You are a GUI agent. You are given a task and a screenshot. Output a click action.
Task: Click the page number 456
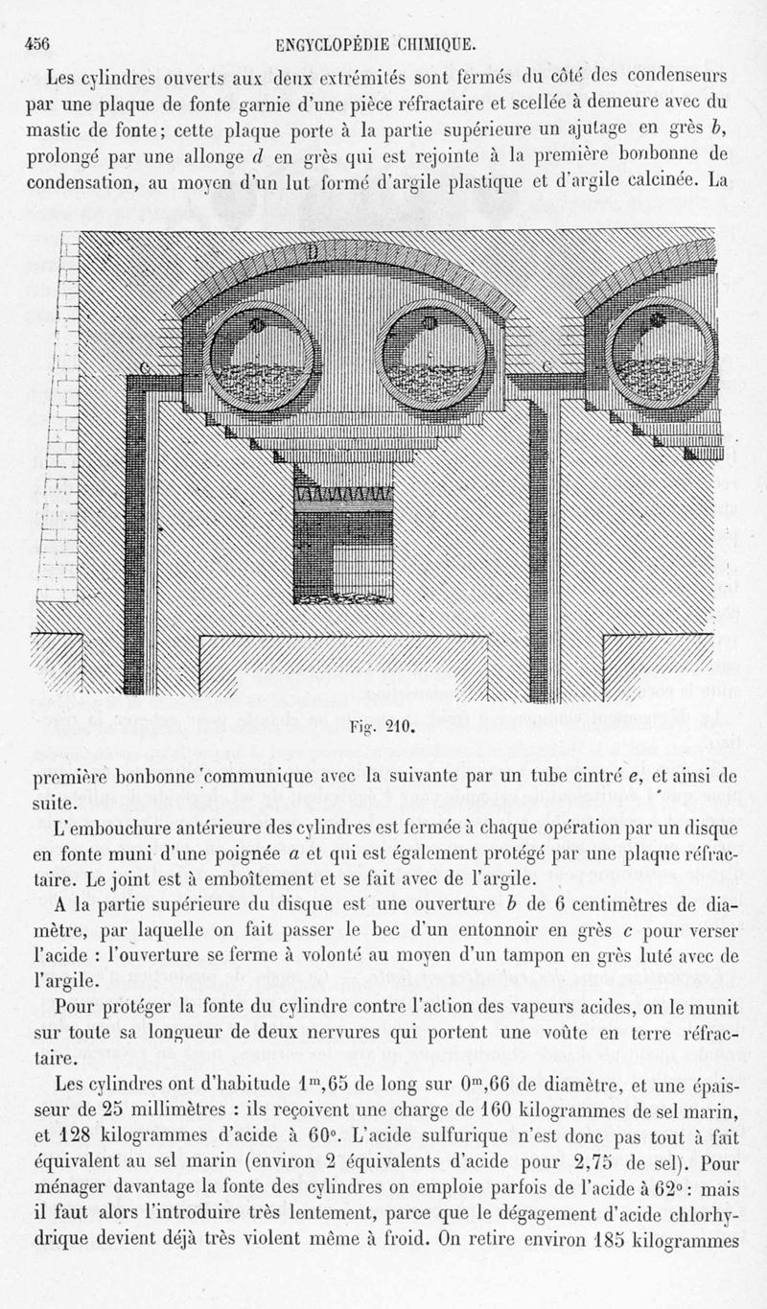(x=37, y=43)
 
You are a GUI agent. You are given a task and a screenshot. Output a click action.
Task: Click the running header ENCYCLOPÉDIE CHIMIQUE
(x=376, y=43)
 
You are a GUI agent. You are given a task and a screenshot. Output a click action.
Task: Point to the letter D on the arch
(x=313, y=251)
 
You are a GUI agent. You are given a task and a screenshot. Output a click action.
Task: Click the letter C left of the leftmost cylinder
(x=147, y=368)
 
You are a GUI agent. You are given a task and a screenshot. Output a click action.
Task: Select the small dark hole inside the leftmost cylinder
(x=256, y=325)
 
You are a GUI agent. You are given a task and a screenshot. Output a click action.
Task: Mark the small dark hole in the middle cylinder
(x=430, y=323)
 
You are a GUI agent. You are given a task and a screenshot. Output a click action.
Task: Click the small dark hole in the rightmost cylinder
(x=657, y=320)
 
